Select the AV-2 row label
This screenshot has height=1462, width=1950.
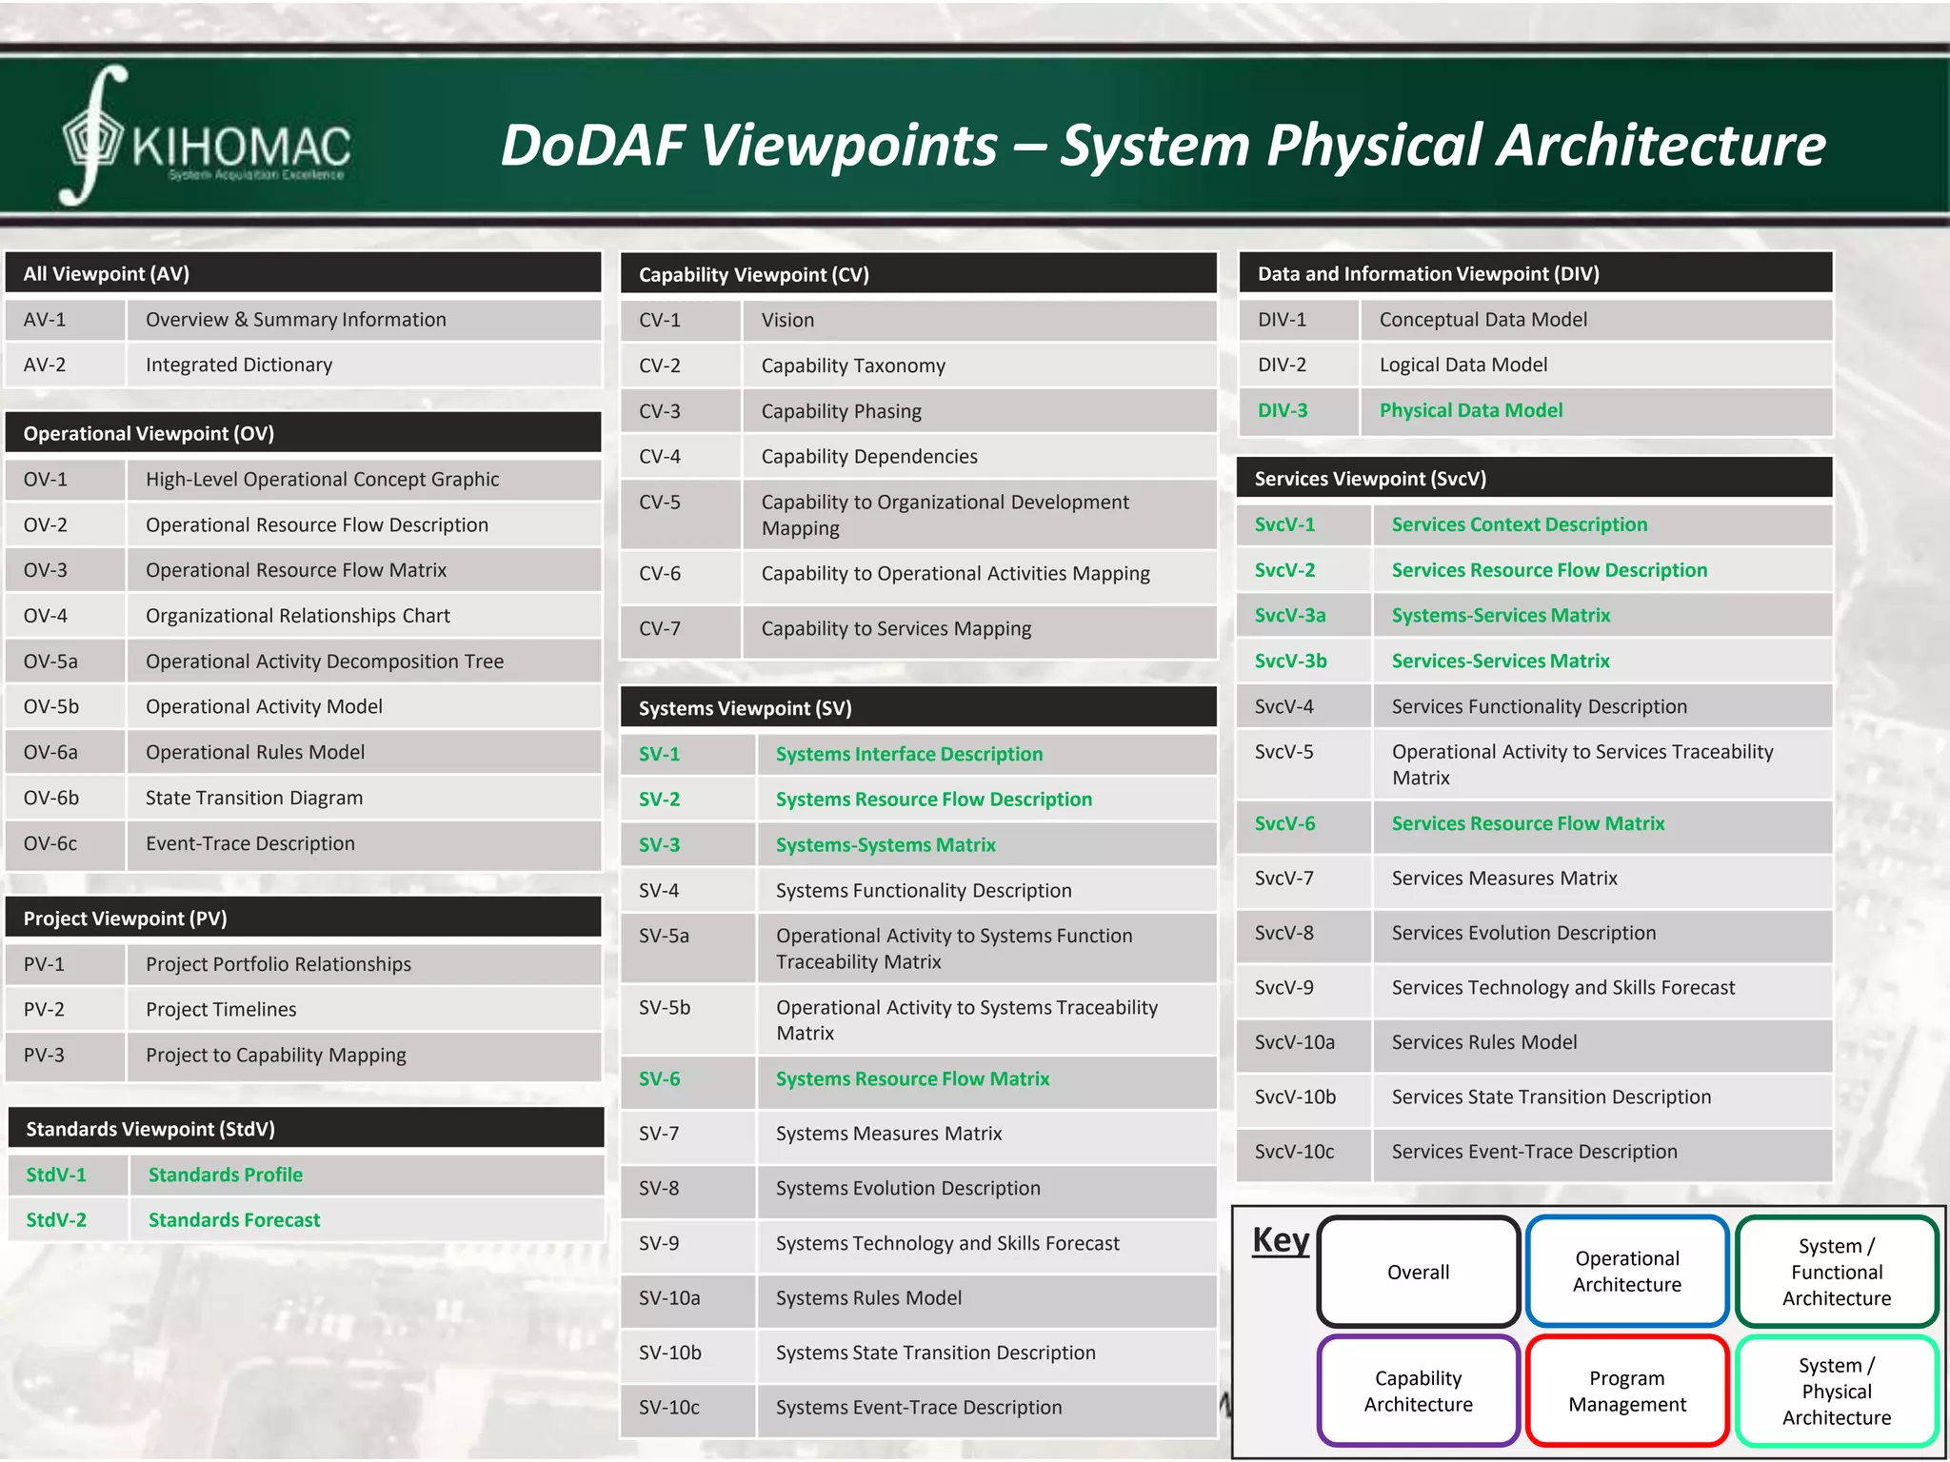pos(45,365)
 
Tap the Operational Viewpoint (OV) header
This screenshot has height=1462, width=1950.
pos(149,433)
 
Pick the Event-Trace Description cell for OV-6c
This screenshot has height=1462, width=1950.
pos(249,843)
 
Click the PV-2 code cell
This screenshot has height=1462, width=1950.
pos(44,1009)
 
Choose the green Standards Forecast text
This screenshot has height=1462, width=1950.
pos(233,1219)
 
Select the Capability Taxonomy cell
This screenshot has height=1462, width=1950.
pos(853,365)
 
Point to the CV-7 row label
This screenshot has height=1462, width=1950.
pos(660,628)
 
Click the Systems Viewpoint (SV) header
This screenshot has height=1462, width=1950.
pos(745,708)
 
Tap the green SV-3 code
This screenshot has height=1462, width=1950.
pos(659,844)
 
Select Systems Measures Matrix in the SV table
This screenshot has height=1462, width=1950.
pos(888,1134)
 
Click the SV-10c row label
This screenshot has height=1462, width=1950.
pos(668,1407)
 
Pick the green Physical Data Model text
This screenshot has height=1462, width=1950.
pos(1470,410)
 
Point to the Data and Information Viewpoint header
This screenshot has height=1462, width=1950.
pos(1428,274)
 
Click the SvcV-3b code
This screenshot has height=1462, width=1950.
pos(1290,661)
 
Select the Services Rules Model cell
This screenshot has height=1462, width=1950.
pos(1483,1042)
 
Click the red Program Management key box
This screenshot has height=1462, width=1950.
pos(1626,1391)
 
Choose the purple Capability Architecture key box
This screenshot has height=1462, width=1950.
pos(1418,1391)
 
